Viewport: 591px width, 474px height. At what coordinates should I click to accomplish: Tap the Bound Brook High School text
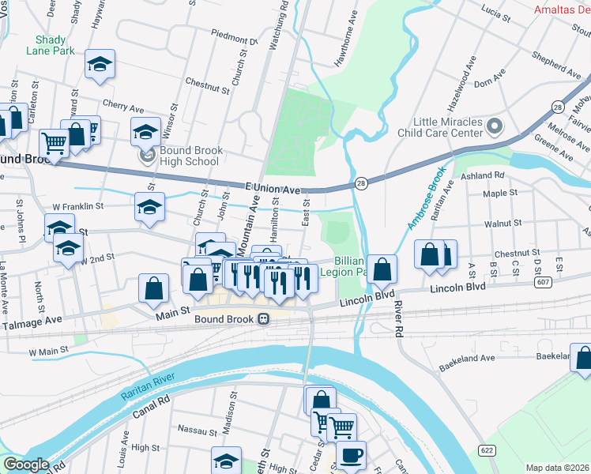(189, 156)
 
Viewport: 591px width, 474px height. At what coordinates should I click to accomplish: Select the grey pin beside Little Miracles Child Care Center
(495, 126)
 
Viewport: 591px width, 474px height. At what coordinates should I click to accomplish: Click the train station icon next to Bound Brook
(264, 319)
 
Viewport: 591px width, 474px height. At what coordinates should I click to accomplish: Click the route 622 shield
(486, 449)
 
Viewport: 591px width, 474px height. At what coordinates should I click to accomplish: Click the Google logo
(26, 465)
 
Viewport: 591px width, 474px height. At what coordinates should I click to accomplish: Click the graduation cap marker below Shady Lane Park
(100, 65)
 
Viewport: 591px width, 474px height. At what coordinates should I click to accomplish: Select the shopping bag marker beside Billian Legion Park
(382, 270)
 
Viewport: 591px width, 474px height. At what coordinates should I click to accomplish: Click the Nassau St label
(198, 431)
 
